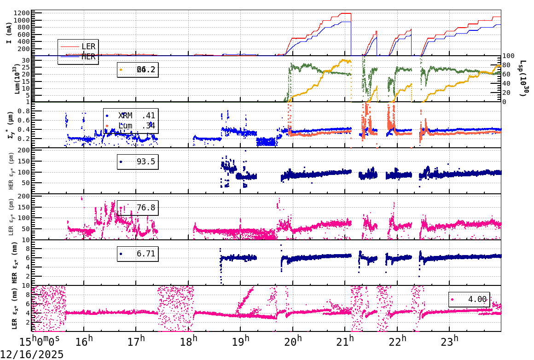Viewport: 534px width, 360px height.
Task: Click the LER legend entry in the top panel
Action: (x=88, y=46)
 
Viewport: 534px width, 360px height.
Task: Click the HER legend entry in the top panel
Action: (x=88, y=57)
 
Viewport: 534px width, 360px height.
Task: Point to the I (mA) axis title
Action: (x=9, y=33)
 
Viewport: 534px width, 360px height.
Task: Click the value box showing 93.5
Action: (x=137, y=162)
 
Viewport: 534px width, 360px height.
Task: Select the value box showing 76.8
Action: (x=137, y=208)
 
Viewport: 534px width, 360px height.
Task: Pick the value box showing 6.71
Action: (x=137, y=254)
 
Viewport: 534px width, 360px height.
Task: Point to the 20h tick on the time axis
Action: (x=293, y=342)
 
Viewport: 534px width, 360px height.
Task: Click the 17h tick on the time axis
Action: (x=136, y=342)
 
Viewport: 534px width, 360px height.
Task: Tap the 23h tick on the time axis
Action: (x=449, y=342)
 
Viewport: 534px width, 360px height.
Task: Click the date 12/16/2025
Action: (x=32, y=354)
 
